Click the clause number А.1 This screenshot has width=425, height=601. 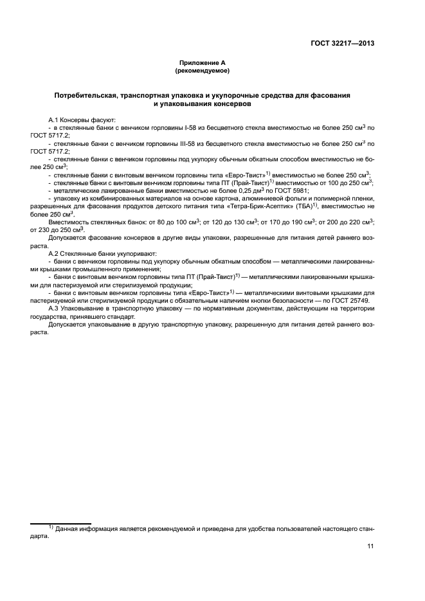[x=55, y=120]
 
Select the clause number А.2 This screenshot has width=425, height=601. [x=55, y=254]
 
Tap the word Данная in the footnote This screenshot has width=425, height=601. [x=69, y=528]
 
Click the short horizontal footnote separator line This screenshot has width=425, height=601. [x=62, y=523]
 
